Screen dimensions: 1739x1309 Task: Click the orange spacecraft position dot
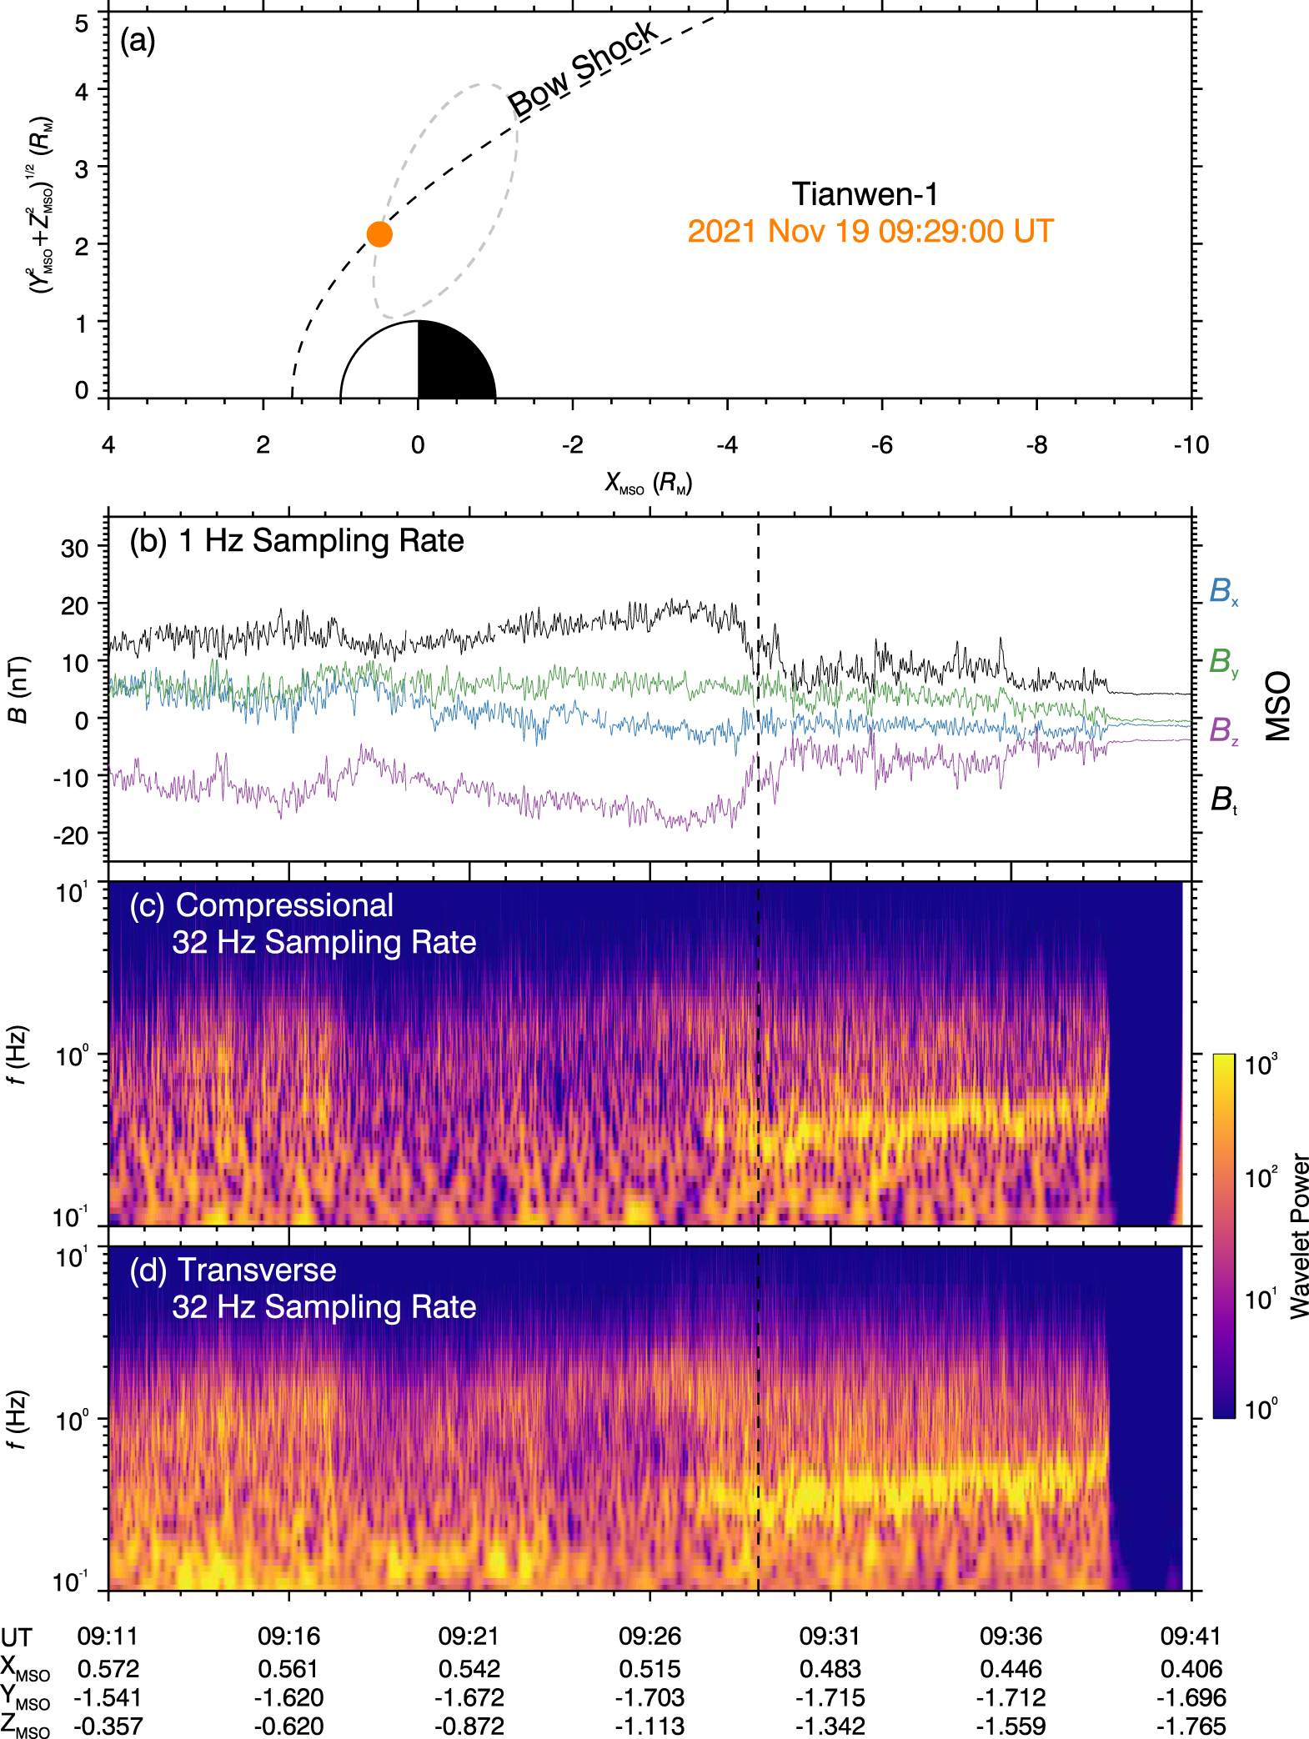click(x=379, y=234)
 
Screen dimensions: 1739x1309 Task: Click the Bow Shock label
click(x=583, y=69)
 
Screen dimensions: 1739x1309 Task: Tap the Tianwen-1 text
click(x=865, y=194)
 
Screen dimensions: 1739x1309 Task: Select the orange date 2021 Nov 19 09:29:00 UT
click(x=870, y=231)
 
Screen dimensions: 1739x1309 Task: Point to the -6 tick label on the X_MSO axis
click(x=881, y=445)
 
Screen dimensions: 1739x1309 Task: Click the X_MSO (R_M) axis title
click(x=649, y=483)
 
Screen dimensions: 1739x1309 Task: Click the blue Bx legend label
click(x=1223, y=591)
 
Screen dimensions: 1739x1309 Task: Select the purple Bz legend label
click(x=1223, y=730)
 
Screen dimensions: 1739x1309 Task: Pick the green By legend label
click(x=1223, y=662)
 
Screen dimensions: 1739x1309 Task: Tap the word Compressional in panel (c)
click(x=284, y=905)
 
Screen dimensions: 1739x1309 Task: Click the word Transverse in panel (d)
click(x=257, y=1270)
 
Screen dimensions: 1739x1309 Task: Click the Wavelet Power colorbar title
click(x=1299, y=1235)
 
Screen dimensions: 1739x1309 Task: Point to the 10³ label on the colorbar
click(x=1260, y=1065)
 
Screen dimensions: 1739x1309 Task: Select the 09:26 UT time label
click(x=649, y=1636)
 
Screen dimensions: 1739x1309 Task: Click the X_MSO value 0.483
click(x=830, y=1669)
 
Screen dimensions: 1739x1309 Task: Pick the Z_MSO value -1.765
click(x=1191, y=1726)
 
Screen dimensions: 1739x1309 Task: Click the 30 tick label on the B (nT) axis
click(x=74, y=549)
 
